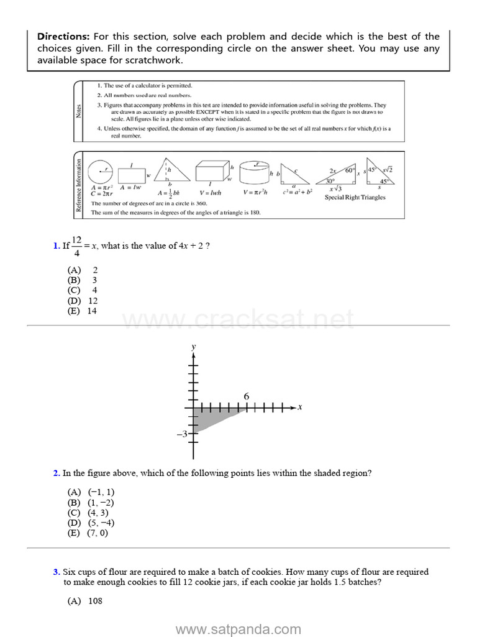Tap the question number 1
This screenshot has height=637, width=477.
56,246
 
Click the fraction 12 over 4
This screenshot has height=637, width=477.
76,246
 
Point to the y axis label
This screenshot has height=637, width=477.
194,346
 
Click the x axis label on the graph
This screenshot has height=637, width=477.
299,407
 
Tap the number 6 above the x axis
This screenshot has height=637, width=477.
247,396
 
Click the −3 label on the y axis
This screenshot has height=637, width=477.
182,434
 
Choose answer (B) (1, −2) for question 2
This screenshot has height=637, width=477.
91,503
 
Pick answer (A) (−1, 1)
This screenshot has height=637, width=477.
91,492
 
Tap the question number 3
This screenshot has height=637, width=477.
56,572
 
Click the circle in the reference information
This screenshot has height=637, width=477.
101,172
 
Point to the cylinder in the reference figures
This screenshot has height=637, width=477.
253,172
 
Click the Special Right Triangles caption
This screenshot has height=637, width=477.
355,198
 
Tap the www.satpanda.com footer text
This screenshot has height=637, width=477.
238,630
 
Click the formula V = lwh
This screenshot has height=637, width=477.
211,193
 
